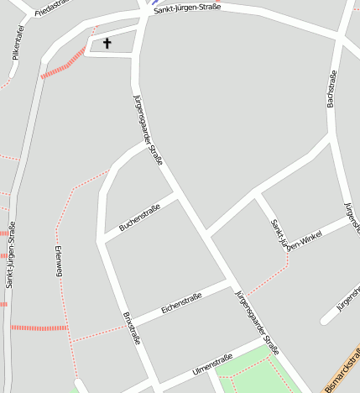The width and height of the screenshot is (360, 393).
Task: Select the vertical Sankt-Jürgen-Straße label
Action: click(x=11, y=255)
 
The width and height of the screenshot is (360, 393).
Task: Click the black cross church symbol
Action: click(x=107, y=43)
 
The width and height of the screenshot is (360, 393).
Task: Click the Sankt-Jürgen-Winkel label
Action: click(x=296, y=237)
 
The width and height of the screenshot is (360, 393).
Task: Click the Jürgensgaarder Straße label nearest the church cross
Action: click(x=148, y=128)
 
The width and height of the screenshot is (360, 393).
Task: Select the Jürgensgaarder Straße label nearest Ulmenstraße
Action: click(x=257, y=322)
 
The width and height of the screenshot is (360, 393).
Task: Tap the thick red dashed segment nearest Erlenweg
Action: click(x=39, y=327)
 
